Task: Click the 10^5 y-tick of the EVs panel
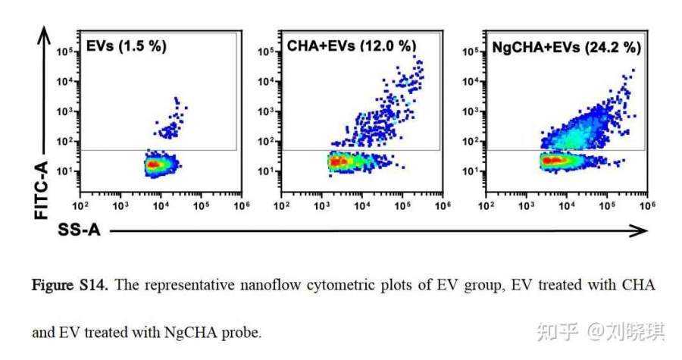coord(67,52)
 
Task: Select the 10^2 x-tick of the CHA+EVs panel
coord(281,205)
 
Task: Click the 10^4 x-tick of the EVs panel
coord(161,205)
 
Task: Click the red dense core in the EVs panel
coord(153,163)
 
